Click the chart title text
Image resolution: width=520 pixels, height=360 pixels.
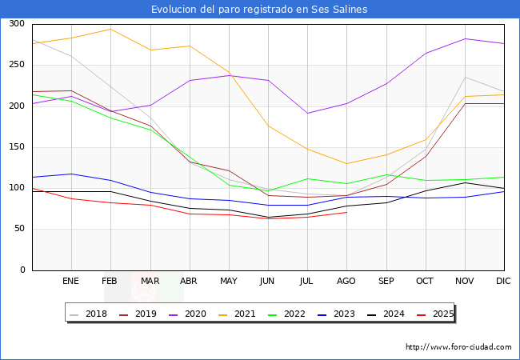point(260,10)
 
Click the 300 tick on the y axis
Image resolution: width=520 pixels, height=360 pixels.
point(16,24)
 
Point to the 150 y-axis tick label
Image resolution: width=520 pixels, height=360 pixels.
point(16,147)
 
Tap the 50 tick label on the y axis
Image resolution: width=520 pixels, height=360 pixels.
point(18,229)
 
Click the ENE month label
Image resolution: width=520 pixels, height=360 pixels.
point(71,281)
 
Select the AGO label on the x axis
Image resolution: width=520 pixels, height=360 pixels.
point(346,281)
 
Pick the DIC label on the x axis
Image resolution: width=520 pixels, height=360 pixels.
point(503,281)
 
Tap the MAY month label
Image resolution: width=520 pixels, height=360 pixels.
point(229,281)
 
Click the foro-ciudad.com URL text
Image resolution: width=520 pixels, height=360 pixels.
point(458,347)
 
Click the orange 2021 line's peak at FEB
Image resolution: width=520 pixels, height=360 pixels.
point(110,29)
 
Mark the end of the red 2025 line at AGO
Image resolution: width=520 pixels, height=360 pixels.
point(346,212)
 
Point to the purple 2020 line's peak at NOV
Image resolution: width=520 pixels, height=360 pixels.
point(465,38)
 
